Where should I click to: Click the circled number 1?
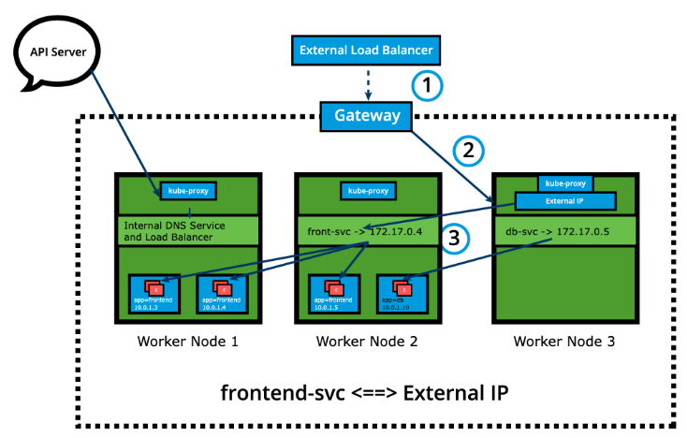coord(428,86)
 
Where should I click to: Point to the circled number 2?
coord(469,150)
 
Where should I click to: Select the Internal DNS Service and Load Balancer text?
coord(173,231)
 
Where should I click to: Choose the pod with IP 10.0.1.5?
coord(332,292)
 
